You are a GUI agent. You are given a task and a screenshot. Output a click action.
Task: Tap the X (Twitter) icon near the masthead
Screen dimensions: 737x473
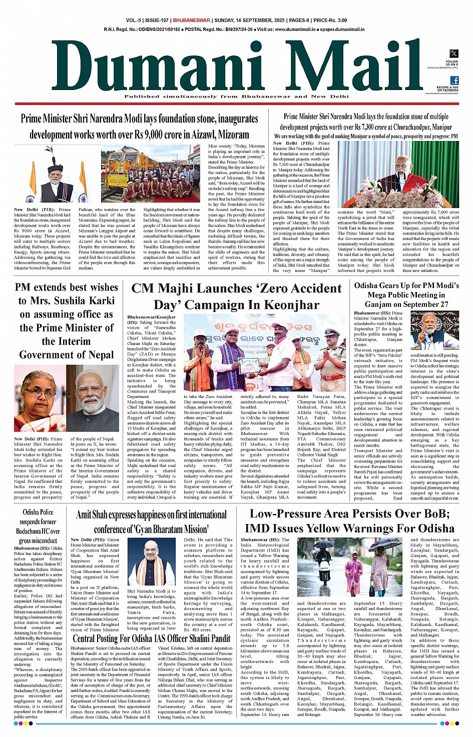pyautogui.click(x=453, y=53)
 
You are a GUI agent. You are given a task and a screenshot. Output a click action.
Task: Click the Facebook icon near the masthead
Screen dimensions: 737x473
pyautogui.click(x=454, y=80)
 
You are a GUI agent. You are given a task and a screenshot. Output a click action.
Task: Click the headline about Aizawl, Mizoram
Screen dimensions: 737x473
pyautogui.click(x=139, y=126)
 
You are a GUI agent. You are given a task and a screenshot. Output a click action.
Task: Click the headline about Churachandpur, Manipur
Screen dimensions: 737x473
pyautogui.click(x=366, y=121)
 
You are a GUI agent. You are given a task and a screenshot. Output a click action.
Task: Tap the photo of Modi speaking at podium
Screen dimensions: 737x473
pyautogui.click(x=398, y=174)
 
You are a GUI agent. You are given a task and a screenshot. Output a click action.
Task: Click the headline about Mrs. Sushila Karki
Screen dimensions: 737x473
pyautogui.click(x=67, y=320)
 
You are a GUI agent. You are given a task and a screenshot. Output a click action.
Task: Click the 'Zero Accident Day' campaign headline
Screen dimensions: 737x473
pyautogui.click(x=236, y=296)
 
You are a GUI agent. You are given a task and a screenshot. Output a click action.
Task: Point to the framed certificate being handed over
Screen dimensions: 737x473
pyautogui.click(x=249, y=365)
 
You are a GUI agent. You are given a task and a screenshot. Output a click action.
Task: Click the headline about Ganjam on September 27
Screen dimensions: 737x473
pyautogui.click(x=406, y=294)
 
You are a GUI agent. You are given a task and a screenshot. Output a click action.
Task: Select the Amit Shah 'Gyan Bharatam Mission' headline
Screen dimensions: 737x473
pyautogui.click(x=151, y=521)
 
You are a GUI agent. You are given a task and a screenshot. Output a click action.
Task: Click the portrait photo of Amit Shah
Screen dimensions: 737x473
pyautogui.click(x=152, y=562)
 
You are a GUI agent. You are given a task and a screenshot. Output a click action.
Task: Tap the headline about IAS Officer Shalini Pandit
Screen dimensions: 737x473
pyautogui.click(x=151, y=638)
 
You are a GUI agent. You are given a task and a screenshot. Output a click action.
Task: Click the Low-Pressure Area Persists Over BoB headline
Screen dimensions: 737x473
pyautogui.click(x=349, y=520)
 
